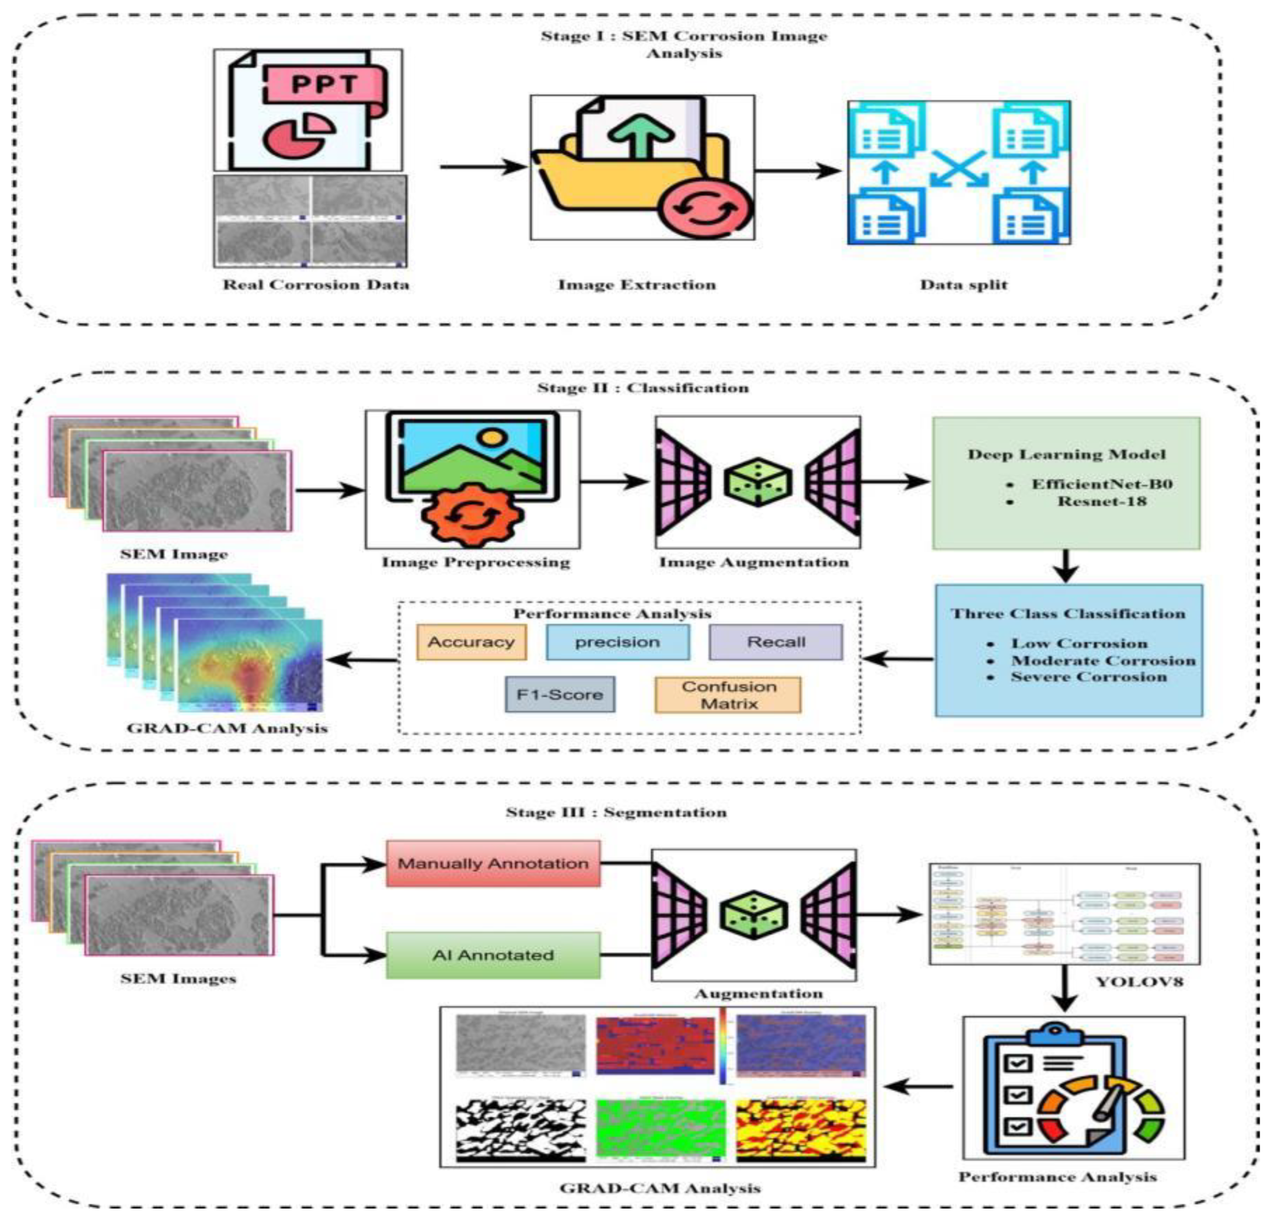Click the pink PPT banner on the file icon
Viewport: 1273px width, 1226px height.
[325, 85]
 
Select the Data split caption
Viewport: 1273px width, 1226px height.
[964, 284]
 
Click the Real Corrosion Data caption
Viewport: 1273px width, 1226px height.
[316, 284]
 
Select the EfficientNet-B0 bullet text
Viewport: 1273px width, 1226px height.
[1102, 484]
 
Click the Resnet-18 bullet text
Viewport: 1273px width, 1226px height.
[1102, 501]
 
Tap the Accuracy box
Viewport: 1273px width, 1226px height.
[471, 642]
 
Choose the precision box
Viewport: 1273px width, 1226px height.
[617, 642]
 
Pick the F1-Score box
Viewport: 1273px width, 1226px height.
[560, 694]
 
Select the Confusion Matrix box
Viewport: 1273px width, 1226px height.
[728, 695]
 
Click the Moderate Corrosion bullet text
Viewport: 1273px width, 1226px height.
[1103, 660]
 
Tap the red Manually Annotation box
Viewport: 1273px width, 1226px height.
[493, 863]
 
